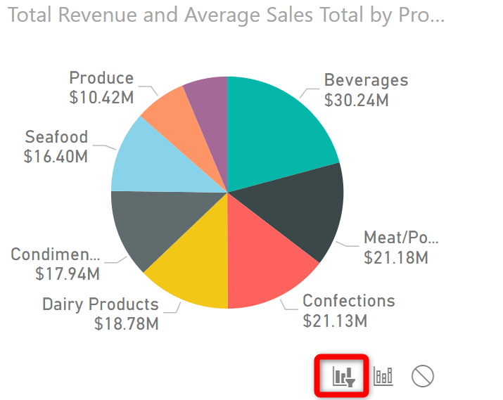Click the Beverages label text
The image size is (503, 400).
coord(365,79)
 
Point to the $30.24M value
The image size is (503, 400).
coord(357,101)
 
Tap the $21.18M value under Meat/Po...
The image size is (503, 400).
coord(396,258)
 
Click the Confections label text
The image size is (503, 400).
coord(348,301)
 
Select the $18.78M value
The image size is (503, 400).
coord(127,324)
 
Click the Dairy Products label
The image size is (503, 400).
coord(101,304)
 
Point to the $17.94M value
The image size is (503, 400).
coord(68,274)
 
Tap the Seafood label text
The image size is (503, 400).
coord(56,136)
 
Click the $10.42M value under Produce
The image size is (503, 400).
coord(101,98)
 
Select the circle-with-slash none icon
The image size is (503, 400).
coord(422,376)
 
